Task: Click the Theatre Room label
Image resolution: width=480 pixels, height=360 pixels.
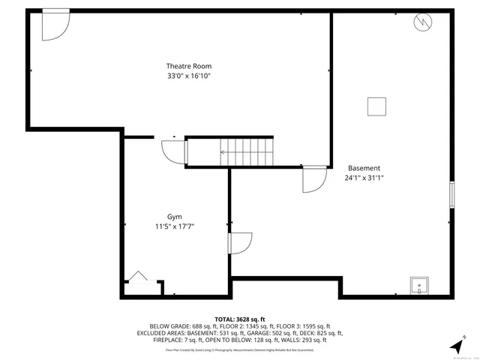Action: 184,66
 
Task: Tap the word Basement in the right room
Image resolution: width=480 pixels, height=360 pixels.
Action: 364,168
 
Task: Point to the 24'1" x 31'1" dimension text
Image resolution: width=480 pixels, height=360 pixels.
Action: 364,178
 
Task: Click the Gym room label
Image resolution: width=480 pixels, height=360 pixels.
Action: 174,216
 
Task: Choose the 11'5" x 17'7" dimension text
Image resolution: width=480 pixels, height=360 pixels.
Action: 174,226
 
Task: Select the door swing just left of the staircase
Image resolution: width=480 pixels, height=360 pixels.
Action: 173,152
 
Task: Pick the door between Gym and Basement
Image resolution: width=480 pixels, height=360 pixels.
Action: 240,244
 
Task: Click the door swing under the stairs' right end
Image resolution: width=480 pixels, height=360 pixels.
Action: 313,179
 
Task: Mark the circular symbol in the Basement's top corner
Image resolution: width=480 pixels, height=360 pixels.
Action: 422,22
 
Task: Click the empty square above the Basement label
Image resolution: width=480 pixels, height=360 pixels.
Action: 376,106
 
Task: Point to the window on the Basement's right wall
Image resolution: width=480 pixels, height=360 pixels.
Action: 451,194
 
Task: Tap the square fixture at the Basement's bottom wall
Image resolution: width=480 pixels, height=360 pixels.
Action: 418,286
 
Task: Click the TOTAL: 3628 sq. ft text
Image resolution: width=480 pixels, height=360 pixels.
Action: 240,319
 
